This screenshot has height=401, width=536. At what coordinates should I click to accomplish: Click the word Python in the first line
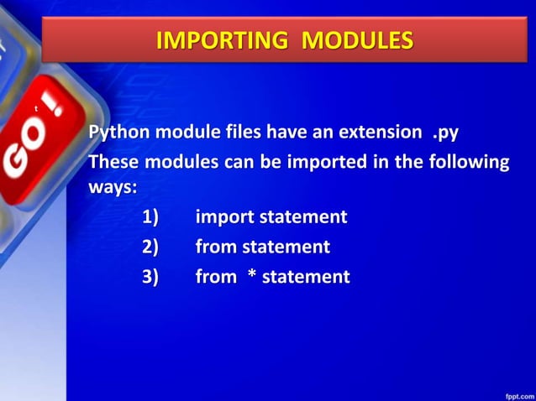(117, 133)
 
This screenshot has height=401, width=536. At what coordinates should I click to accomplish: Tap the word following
(466, 162)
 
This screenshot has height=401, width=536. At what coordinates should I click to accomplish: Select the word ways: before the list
(113, 187)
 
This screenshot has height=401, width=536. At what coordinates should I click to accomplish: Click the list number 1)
(150, 217)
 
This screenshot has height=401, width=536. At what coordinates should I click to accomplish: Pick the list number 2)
(150, 247)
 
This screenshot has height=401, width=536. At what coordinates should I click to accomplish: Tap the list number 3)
(150, 276)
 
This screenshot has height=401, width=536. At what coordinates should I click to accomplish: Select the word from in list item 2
(216, 247)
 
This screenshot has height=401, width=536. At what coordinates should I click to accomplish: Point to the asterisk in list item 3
(251, 276)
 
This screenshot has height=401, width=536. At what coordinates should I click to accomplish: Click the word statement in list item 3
(306, 276)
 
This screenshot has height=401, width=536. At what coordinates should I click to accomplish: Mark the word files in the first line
(241, 133)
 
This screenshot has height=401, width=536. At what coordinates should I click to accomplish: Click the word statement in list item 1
(302, 217)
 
